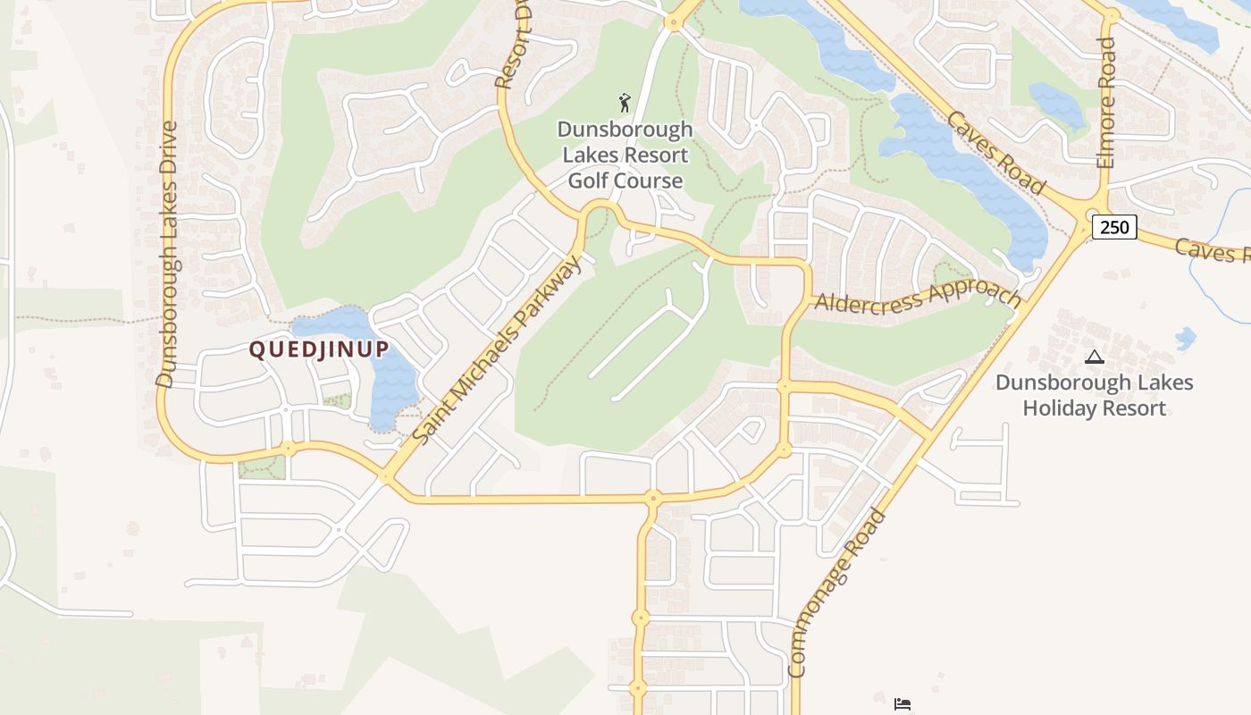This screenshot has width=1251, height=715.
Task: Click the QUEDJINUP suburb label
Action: point(318,349)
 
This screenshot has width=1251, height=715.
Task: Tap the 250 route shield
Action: point(1114,227)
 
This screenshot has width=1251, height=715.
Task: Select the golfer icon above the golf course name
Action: point(625,102)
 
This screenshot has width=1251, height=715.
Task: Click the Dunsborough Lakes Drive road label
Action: point(167,255)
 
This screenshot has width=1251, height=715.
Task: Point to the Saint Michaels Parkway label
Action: point(499,349)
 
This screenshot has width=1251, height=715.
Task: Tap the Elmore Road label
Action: point(1106,103)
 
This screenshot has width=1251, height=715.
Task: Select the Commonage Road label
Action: point(837,593)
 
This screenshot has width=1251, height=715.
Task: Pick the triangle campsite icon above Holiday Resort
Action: point(1094,357)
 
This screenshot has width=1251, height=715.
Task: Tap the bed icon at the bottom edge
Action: point(903,704)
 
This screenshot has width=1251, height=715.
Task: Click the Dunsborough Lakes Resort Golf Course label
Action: point(625,156)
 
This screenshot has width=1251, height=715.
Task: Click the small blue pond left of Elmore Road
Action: point(1056,102)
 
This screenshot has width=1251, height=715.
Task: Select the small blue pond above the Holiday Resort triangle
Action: point(1185,339)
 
